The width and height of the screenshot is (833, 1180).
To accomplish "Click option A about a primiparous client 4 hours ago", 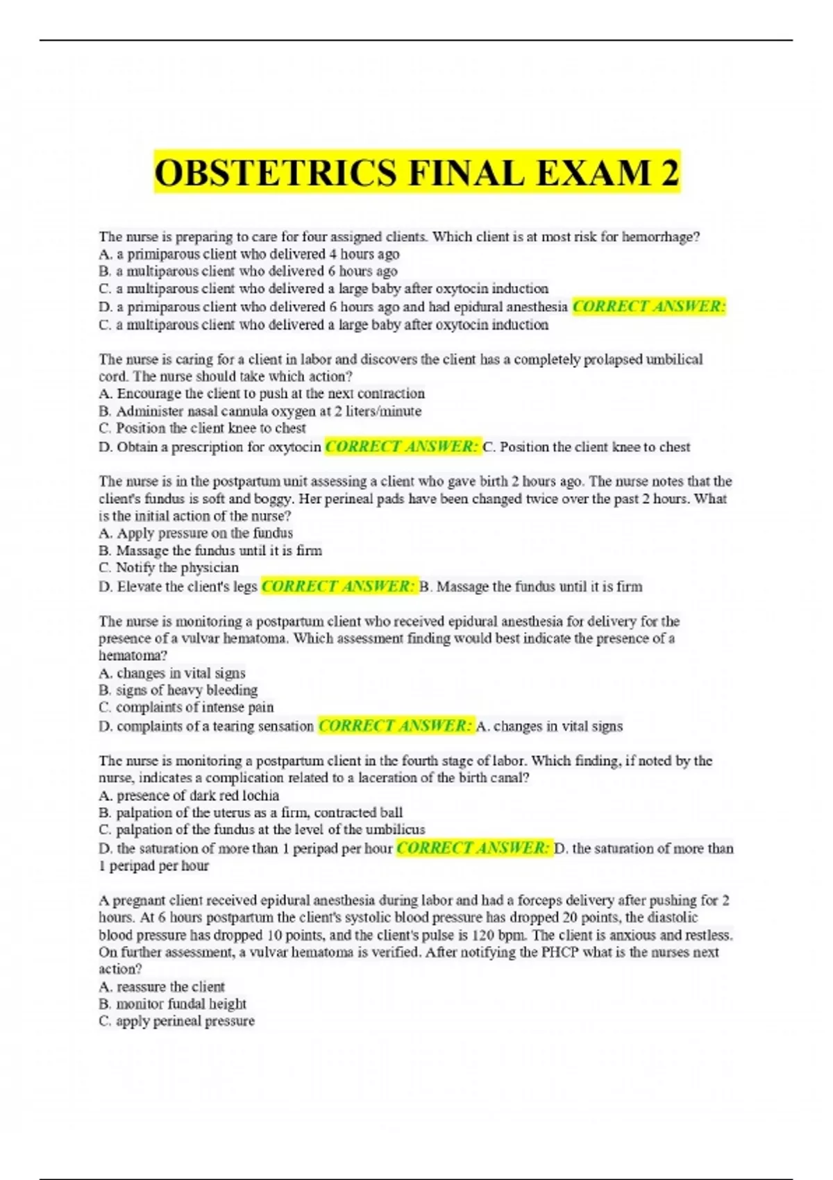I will (x=249, y=254).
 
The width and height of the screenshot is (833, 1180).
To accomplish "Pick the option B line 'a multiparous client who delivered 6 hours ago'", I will (x=249, y=271).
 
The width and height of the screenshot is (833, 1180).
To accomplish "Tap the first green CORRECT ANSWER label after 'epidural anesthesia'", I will (x=649, y=307).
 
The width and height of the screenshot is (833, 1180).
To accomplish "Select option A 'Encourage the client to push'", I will (x=262, y=394).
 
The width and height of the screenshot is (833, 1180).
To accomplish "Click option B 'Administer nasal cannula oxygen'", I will (x=260, y=411).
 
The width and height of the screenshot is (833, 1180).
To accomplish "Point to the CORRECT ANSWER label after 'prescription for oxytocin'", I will (x=402, y=446).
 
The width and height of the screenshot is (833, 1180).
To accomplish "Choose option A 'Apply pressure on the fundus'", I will (x=196, y=533).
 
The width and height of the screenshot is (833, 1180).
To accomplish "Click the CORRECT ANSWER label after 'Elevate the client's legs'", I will (x=339, y=587).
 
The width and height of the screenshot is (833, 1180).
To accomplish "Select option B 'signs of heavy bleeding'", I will (x=178, y=690).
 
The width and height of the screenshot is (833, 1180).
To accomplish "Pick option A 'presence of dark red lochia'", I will (x=189, y=795).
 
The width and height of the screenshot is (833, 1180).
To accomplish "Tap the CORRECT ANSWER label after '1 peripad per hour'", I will (x=473, y=848).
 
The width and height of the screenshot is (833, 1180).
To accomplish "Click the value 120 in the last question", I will (x=482, y=935).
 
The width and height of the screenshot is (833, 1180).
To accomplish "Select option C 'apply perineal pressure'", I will (x=177, y=1021).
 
